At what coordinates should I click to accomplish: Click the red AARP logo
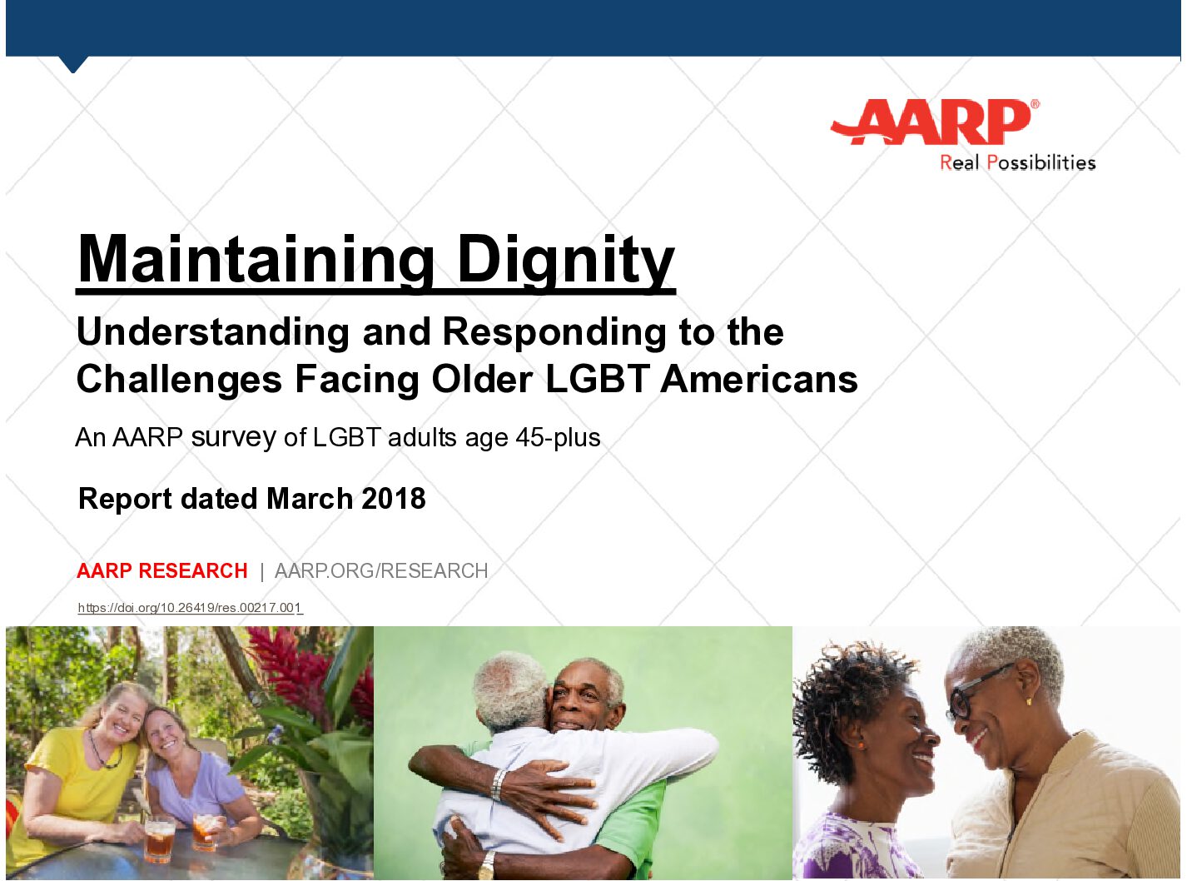click(x=934, y=122)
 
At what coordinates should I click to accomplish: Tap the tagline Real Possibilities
click(x=1017, y=162)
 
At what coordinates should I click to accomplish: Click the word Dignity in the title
click(x=566, y=260)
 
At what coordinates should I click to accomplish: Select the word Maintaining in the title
click(x=256, y=260)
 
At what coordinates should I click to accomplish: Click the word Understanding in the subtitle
click(x=212, y=332)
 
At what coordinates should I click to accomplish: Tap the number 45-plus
click(x=558, y=437)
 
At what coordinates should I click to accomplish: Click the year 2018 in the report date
click(x=394, y=499)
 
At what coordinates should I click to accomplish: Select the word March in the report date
click(x=310, y=499)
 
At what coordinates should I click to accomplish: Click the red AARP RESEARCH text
click(x=162, y=570)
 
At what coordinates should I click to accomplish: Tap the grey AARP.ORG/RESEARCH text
click(x=381, y=570)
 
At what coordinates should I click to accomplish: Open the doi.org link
click(x=191, y=607)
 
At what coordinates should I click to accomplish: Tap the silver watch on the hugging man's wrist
click(x=499, y=784)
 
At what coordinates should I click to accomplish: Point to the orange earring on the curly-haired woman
click(x=861, y=744)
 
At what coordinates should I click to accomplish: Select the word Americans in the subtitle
click(x=759, y=379)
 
